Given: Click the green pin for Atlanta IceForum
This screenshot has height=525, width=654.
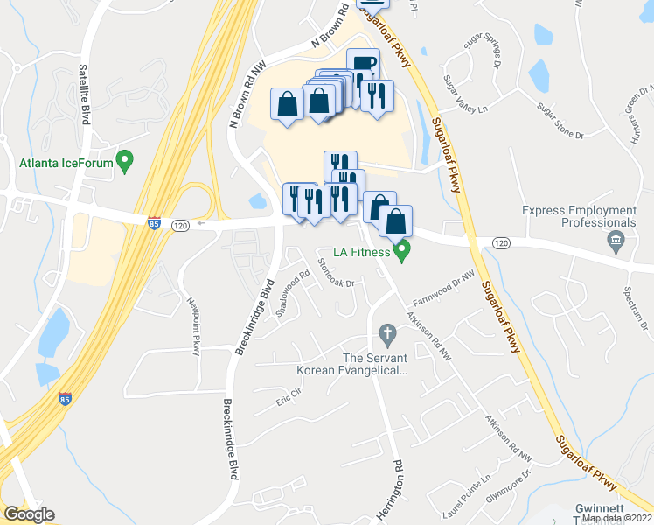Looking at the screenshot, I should click(124, 161).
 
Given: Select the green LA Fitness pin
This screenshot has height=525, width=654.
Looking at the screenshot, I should click(402, 252).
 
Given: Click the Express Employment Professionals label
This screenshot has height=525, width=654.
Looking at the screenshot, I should click(592, 217).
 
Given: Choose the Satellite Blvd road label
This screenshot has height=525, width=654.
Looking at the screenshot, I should click(85, 94).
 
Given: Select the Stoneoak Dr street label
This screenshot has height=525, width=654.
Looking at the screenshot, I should click(336, 271).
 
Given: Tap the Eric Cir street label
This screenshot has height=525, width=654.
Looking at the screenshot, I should click(288, 399).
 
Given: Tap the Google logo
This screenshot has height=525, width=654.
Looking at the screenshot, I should click(29, 514).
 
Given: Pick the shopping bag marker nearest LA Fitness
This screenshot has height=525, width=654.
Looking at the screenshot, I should click(396, 222).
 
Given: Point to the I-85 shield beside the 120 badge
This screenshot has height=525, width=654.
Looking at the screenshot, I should click(154, 224).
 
